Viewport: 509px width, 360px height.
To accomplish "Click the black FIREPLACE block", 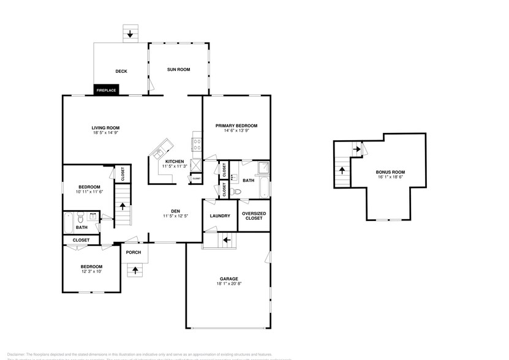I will [x=107, y=90].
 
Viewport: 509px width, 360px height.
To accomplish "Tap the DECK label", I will [x=121, y=72].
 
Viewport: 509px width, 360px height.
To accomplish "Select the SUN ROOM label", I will [x=179, y=70].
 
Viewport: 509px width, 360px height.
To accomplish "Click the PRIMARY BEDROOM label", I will [x=236, y=126].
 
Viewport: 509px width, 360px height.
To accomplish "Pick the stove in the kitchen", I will [x=198, y=145].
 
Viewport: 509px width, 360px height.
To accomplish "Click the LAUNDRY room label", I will [x=219, y=216].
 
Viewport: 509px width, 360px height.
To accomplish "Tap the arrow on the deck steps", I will [x=130, y=34].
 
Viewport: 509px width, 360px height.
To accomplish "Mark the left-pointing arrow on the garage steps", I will [x=226, y=240].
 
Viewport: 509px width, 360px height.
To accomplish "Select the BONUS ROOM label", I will [x=390, y=173].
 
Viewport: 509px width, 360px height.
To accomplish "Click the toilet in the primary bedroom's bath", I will [x=239, y=191].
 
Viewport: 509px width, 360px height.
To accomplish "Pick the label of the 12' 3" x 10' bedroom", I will [x=91, y=267].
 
